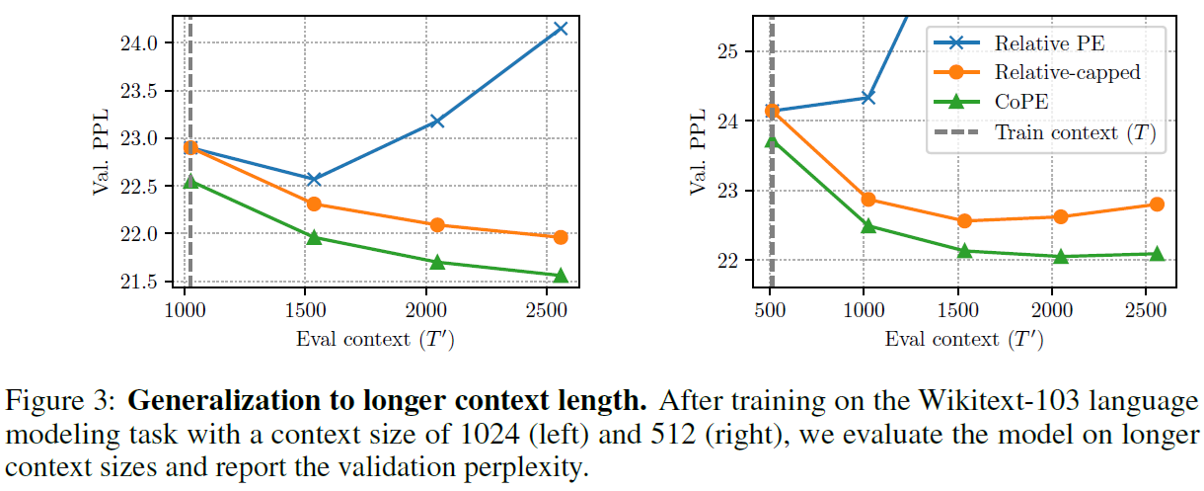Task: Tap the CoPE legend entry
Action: click(x=1020, y=102)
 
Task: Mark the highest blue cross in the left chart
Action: click(x=561, y=29)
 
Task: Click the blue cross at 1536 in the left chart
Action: click(x=314, y=179)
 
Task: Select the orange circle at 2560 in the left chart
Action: click(x=561, y=237)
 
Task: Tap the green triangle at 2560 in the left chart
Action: click(x=561, y=275)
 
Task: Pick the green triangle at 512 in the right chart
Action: click(x=773, y=141)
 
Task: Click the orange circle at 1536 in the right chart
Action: click(x=964, y=221)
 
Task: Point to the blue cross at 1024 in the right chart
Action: click(x=868, y=97)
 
